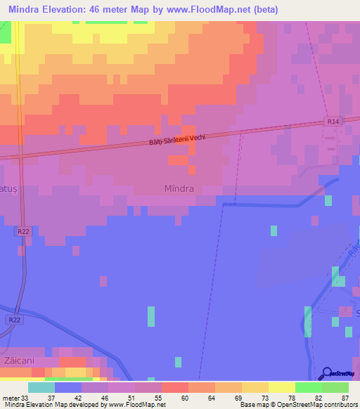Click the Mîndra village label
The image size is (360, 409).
(179, 189)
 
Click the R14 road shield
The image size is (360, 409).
(333, 122)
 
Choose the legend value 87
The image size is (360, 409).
(345, 397)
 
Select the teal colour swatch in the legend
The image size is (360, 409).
(41, 387)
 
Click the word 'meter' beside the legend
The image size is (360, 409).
(9, 397)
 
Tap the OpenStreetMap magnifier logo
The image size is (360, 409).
(326, 373)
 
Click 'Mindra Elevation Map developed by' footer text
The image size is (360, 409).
(53, 405)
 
